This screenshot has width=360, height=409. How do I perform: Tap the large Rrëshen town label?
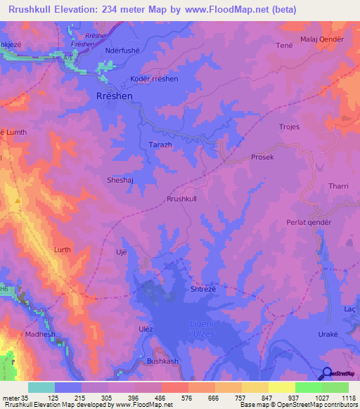coord(113,96)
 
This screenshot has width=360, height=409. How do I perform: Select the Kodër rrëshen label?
coord(154,79)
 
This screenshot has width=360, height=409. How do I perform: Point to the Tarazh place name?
coord(160,143)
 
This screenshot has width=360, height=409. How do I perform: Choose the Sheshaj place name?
coord(120,179)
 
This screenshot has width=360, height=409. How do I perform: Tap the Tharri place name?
coord(339,186)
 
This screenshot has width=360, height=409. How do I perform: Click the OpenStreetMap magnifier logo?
coord(326,373)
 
